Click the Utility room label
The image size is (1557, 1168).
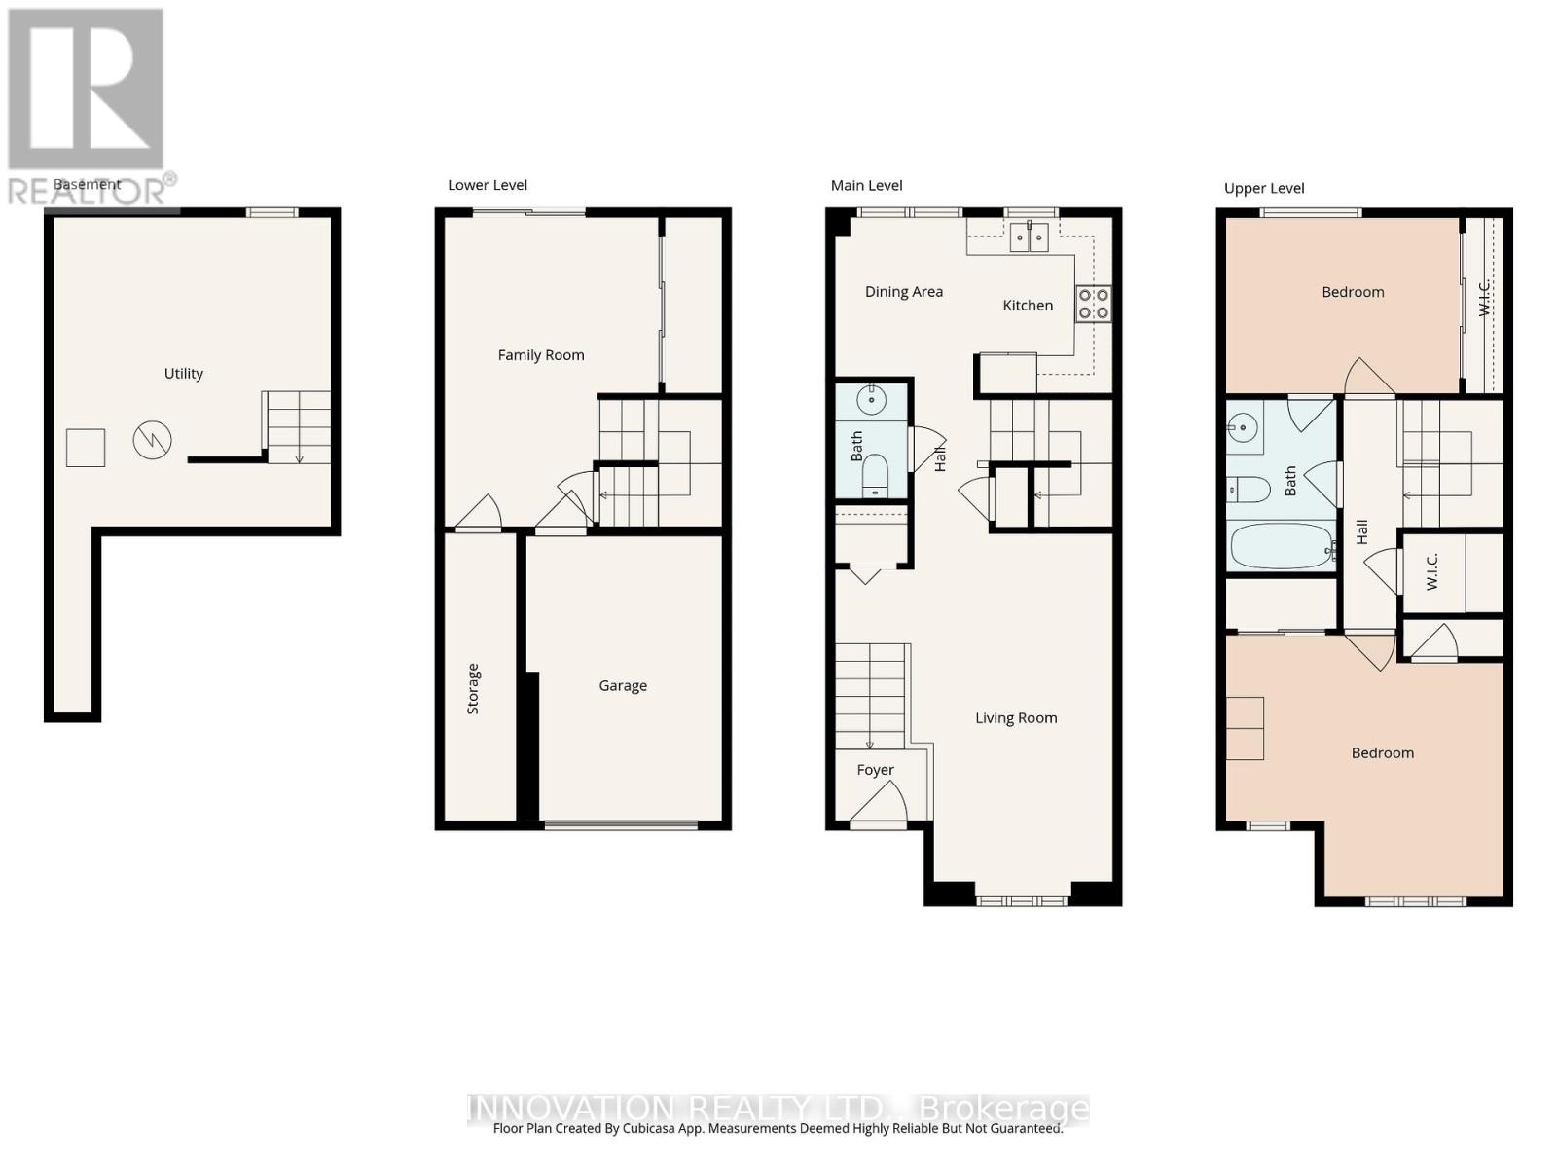(183, 374)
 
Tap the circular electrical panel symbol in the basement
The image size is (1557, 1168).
(153, 441)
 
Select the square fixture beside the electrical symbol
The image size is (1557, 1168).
(86, 448)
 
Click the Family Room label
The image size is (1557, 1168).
(541, 355)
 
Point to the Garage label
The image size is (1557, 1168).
(623, 686)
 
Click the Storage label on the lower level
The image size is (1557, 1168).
(473, 689)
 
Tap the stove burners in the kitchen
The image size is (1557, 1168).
(1092, 304)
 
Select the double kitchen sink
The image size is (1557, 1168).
(1029, 237)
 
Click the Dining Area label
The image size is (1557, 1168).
(904, 292)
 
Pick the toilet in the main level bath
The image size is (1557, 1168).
(875, 474)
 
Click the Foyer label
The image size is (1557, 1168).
(875, 770)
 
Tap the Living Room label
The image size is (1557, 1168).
(1016, 718)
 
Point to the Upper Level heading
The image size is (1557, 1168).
(1264, 189)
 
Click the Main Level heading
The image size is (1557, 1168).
(866, 186)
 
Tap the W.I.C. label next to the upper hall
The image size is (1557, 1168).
(1431, 571)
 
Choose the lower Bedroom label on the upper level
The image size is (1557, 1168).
(1382, 753)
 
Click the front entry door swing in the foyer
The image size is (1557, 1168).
(882, 803)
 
